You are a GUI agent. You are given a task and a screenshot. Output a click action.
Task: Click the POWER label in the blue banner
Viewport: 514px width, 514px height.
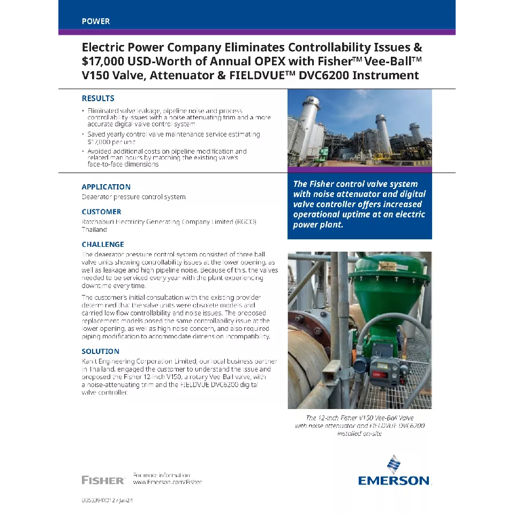tap(96, 21)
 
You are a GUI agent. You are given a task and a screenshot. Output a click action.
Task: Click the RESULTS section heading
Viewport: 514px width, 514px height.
tap(98, 99)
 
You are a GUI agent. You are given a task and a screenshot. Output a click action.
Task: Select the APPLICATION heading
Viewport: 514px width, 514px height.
tap(106, 187)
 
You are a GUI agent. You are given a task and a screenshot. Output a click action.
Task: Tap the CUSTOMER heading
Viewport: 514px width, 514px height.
tap(102, 211)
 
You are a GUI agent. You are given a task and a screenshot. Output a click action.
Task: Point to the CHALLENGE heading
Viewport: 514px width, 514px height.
tap(103, 244)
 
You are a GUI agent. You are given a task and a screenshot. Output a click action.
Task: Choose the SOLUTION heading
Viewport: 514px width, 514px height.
tap(101, 351)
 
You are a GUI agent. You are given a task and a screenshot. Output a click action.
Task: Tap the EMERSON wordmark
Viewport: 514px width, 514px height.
tap(394, 480)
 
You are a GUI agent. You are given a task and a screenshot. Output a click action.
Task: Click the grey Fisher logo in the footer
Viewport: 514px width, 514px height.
tap(103, 480)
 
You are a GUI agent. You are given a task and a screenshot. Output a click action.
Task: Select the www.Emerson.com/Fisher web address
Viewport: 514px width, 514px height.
tap(167, 482)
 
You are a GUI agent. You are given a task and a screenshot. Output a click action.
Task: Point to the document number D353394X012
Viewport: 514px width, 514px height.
tap(100, 500)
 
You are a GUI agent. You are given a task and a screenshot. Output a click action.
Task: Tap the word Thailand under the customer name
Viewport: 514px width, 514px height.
tap(94, 230)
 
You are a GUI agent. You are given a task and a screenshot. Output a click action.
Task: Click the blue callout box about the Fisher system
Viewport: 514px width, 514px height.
tap(359, 205)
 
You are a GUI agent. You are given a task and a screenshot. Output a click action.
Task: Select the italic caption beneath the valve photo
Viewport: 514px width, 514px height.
tap(359, 426)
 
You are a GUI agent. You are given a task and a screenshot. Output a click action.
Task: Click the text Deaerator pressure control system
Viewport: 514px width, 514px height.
tap(133, 197)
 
